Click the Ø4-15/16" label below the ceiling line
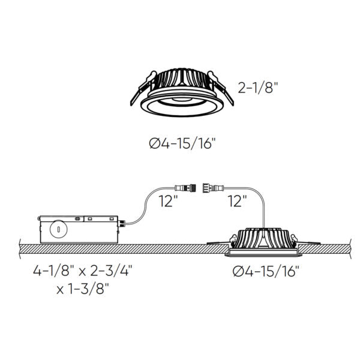click(264, 271)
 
